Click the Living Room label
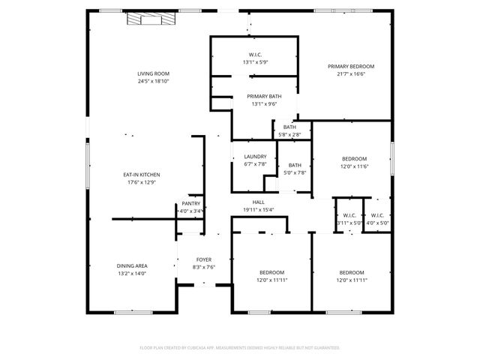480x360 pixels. click(152, 73)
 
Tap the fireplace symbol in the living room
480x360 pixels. click(144, 19)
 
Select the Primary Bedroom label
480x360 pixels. click(350, 67)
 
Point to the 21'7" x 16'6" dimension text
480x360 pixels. click(350, 74)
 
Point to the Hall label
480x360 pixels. click(258, 202)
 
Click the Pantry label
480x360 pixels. click(190, 204)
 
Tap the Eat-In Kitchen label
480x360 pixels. click(142, 175)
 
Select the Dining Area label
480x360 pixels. click(131, 266)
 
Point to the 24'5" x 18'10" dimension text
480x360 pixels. click(152, 81)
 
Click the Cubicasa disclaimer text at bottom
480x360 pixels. click(240, 348)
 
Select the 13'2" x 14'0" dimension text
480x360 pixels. click(131, 274)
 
